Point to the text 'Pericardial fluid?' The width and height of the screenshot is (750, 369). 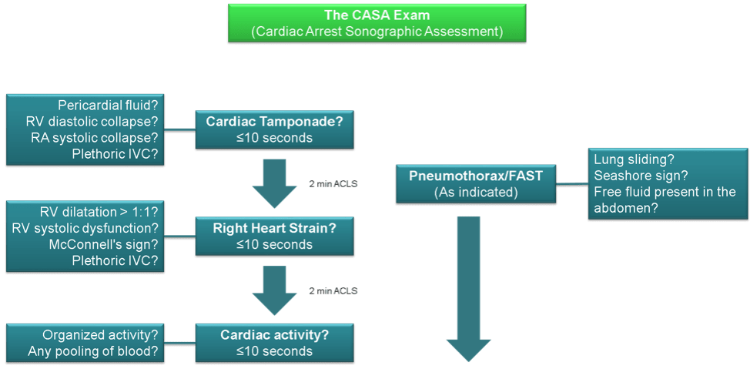(x=108, y=106)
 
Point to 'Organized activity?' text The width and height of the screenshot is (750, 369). (x=100, y=335)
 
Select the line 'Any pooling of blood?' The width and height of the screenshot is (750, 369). (x=93, y=351)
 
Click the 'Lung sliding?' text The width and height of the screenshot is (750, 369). (x=634, y=159)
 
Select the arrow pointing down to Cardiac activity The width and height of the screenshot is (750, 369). (x=274, y=289)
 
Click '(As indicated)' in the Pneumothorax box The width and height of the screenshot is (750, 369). (x=475, y=192)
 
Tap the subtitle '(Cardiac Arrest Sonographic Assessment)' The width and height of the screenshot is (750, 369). (x=377, y=32)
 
